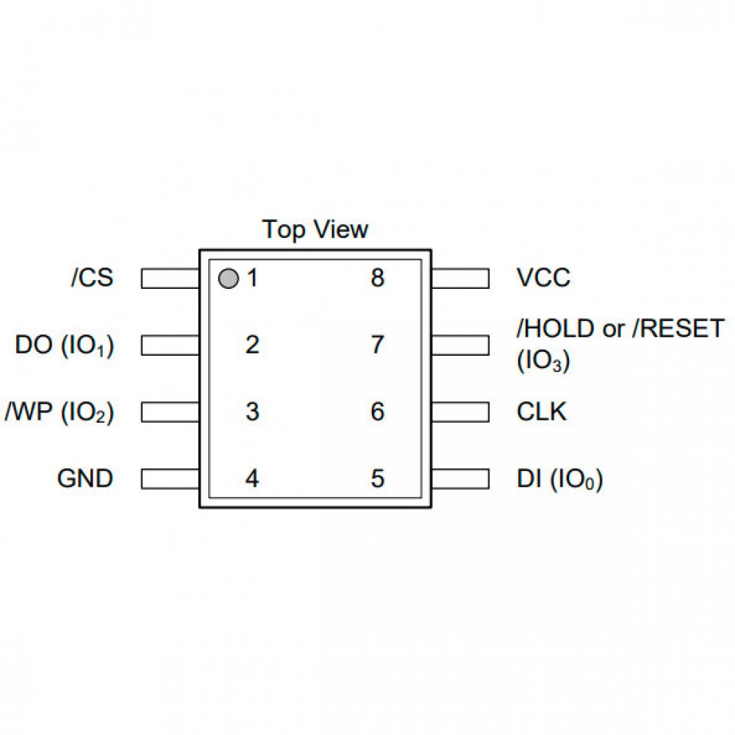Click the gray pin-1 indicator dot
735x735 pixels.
pyautogui.click(x=229, y=279)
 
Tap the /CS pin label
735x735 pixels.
pyautogui.click(x=93, y=279)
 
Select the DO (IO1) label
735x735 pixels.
pyautogui.click(x=65, y=346)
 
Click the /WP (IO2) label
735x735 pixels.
pyautogui.click(x=60, y=412)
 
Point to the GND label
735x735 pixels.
pyautogui.click(x=85, y=478)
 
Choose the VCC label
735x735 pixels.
pyautogui.click(x=543, y=279)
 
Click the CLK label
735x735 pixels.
pyautogui.click(x=542, y=412)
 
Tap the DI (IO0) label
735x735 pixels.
pyautogui.click(x=559, y=480)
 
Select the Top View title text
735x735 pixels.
pyautogui.click(x=315, y=229)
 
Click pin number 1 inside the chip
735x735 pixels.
pyautogui.click(x=252, y=279)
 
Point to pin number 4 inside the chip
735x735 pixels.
pyautogui.click(x=252, y=479)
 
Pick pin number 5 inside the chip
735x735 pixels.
pyautogui.click(x=377, y=479)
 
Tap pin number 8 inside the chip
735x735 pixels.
pyautogui.click(x=377, y=279)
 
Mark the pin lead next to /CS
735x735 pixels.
pyautogui.click(x=171, y=279)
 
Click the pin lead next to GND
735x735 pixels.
pyautogui.click(x=171, y=478)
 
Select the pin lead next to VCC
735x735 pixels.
pyautogui.click(x=459, y=279)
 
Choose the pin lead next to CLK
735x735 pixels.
pyautogui.click(x=459, y=412)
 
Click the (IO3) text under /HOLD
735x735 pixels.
pyautogui.click(x=543, y=362)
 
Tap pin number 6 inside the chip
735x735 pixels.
pyautogui.click(x=377, y=412)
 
